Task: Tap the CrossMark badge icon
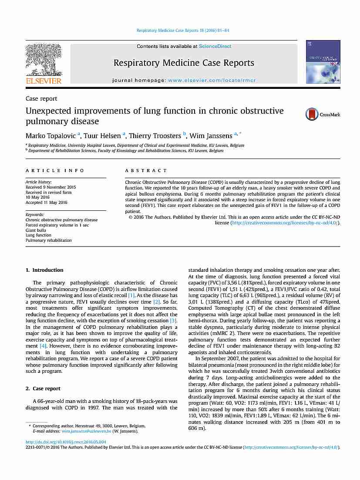(323, 114)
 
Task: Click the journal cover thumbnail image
(323, 61)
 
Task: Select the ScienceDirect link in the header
(215, 46)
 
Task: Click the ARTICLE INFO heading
(55, 171)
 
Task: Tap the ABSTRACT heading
(146, 171)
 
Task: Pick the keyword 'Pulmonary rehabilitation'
(49, 240)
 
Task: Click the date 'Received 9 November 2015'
(50, 187)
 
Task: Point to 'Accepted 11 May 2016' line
(47, 203)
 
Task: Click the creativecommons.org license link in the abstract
(286, 223)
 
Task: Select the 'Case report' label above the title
(41, 99)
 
